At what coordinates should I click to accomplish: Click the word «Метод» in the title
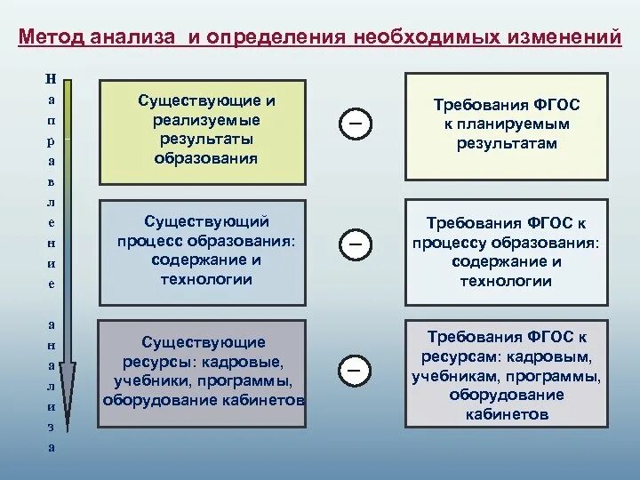[x=51, y=39]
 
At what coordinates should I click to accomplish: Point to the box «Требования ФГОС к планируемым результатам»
[x=507, y=125]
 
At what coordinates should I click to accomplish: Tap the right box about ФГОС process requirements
[x=507, y=252]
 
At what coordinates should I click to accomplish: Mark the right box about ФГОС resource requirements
[x=507, y=373]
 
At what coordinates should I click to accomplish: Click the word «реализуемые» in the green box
[x=205, y=118]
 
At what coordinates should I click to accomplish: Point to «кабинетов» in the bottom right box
[x=506, y=414]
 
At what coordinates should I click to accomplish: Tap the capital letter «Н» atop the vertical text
[x=51, y=78]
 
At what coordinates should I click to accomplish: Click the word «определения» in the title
[x=276, y=39]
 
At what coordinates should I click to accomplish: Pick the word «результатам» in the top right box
[x=507, y=143]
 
